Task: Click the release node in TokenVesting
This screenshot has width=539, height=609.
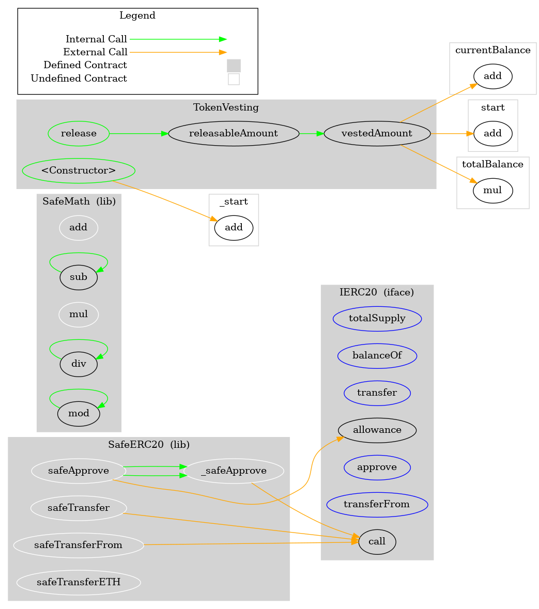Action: (x=79, y=134)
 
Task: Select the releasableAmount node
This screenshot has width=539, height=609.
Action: (x=234, y=134)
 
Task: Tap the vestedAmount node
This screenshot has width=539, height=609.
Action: (x=377, y=134)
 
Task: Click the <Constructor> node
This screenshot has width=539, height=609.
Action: (x=79, y=170)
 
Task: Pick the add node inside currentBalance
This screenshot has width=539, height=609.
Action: (x=492, y=76)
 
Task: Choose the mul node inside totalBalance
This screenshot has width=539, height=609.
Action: (x=492, y=191)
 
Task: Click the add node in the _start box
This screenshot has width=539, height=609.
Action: (x=234, y=228)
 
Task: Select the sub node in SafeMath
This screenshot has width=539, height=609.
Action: (x=79, y=277)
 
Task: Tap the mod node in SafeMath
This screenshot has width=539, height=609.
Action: (x=79, y=414)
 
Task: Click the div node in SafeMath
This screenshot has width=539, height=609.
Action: (x=79, y=364)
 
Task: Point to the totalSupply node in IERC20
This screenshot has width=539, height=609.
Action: (x=377, y=319)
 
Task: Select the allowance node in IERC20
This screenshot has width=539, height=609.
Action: (x=377, y=430)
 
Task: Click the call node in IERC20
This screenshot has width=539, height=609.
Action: (x=377, y=542)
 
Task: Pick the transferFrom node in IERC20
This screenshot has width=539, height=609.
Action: (x=377, y=505)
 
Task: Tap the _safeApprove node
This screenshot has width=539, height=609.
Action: (x=234, y=471)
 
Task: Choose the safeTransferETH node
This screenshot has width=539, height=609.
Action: (x=79, y=583)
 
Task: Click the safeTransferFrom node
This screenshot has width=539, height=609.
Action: (x=79, y=545)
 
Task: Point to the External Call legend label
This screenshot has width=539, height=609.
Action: (x=95, y=52)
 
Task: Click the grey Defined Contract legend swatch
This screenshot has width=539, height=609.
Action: (x=234, y=66)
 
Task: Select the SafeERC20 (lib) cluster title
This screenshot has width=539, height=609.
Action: (x=149, y=445)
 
